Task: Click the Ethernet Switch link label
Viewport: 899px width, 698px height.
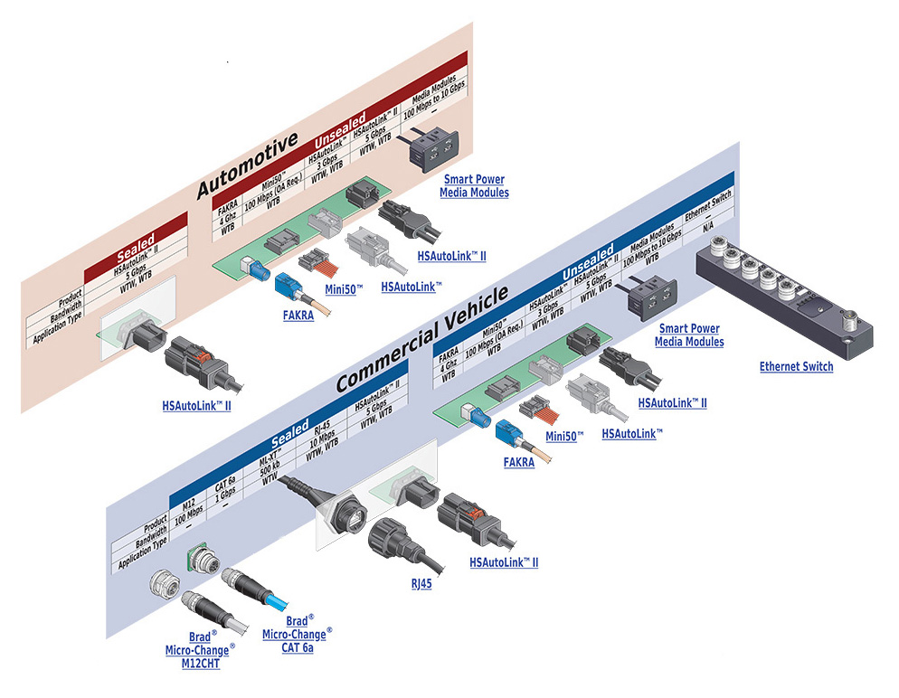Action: [x=796, y=366]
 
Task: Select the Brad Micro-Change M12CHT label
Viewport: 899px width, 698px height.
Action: [x=200, y=650]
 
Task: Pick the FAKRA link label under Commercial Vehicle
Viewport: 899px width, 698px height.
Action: [x=518, y=462]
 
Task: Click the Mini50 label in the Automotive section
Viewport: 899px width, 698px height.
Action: [x=343, y=289]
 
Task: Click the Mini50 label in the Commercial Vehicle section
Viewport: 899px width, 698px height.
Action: [x=564, y=436]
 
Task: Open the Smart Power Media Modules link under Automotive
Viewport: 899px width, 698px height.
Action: [x=474, y=186]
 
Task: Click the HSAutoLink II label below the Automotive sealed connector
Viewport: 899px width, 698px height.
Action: [x=197, y=406]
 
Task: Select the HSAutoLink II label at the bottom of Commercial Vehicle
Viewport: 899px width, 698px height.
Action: [x=504, y=562]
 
